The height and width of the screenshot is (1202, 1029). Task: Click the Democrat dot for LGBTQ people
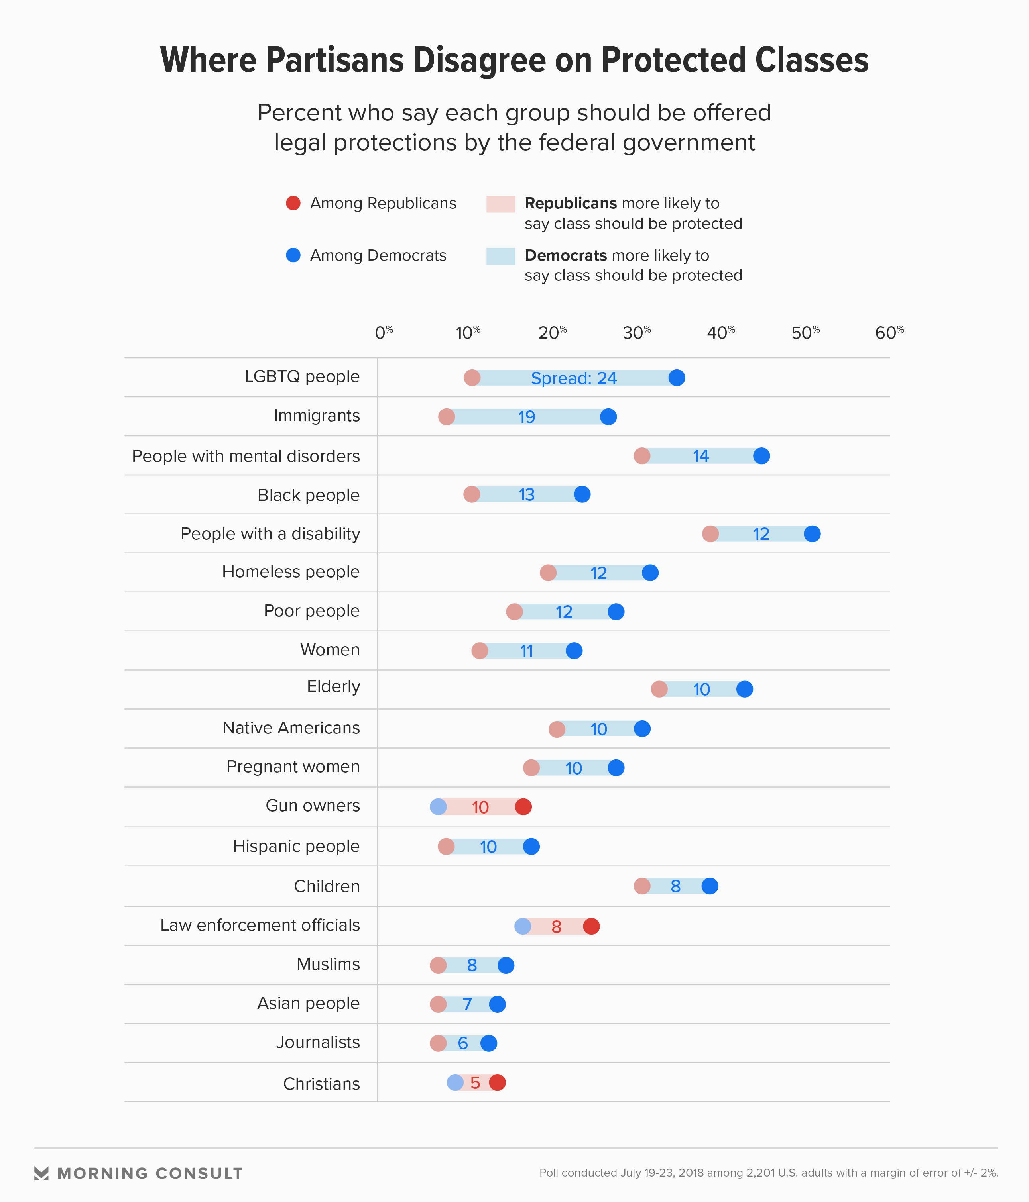point(676,378)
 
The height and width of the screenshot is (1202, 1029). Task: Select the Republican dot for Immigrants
point(446,416)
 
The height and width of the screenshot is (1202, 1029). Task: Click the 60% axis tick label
point(889,333)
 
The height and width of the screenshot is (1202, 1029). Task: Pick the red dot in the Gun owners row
point(523,806)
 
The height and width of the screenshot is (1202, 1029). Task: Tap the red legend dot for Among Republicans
point(293,203)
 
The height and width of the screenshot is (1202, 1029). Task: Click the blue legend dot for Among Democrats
point(293,255)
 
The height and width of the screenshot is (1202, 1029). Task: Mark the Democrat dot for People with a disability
point(812,534)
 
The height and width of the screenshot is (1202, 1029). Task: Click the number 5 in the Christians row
point(475,1083)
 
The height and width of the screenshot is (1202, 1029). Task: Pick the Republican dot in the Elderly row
point(659,689)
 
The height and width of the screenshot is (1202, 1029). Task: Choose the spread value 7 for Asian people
point(467,1004)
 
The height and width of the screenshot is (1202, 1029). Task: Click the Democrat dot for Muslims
point(506,965)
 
